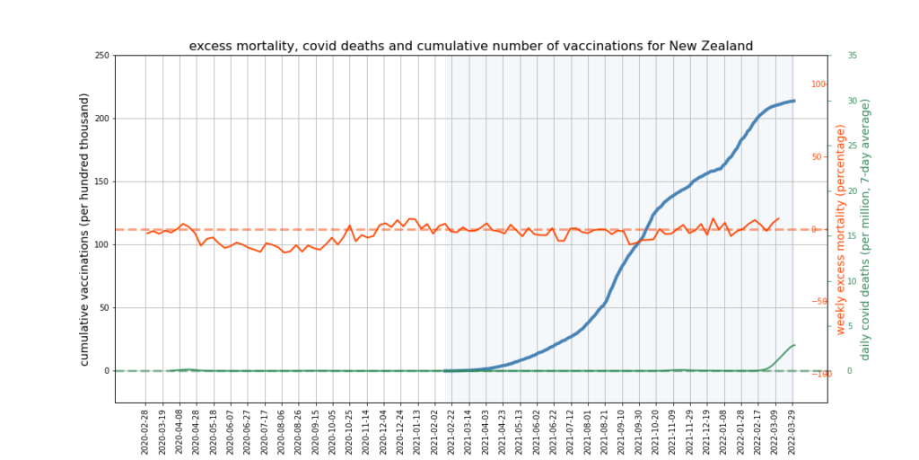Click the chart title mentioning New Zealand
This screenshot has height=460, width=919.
(x=470, y=46)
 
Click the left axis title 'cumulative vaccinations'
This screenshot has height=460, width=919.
(x=85, y=229)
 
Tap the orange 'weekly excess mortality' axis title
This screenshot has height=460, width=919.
(x=842, y=229)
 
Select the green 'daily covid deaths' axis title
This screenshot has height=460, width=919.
(x=865, y=229)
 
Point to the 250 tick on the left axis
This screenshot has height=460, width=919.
(x=101, y=56)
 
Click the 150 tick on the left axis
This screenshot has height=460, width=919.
(x=101, y=181)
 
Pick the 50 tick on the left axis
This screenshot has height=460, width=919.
(x=102, y=307)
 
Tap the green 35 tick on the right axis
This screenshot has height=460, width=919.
(x=852, y=56)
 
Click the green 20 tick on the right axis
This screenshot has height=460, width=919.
(x=852, y=190)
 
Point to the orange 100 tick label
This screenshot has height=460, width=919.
(x=818, y=84)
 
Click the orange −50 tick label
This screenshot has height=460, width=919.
(x=818, y=302)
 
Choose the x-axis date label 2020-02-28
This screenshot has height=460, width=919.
(x=145, y=429)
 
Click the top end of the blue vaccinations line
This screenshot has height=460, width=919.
(x=793, y=101)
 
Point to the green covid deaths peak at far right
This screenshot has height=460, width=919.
(x=793, y=345)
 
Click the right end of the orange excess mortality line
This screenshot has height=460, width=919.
(x=778, y=218)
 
